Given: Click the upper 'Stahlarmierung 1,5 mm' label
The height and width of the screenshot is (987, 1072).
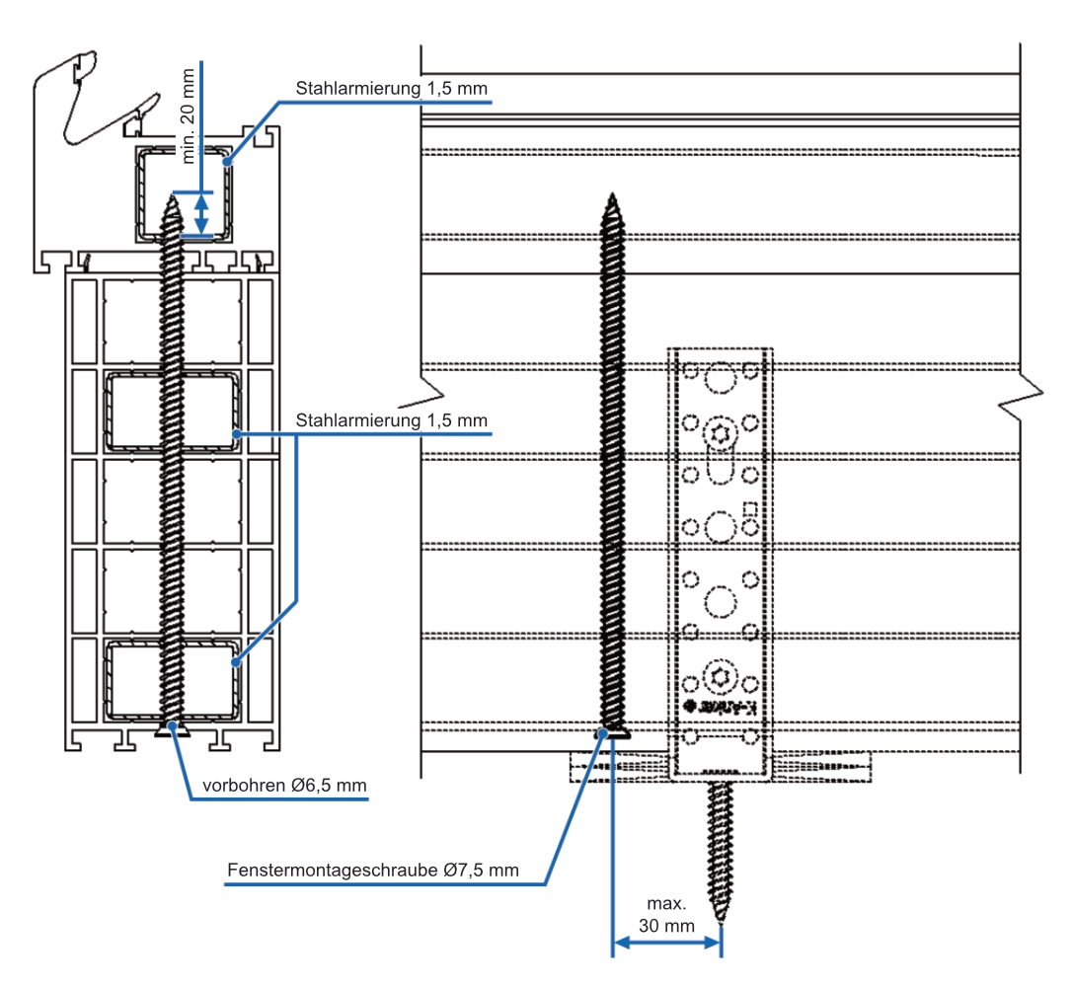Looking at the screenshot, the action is click(391, 88).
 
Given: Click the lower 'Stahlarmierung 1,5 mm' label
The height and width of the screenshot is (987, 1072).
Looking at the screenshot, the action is click(391, 420).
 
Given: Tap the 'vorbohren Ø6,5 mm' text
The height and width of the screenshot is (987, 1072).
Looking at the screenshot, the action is click(284, 786).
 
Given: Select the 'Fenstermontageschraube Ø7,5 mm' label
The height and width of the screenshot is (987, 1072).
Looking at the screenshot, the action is click(372, 871).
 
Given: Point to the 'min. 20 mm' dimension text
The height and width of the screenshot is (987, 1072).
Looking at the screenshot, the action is click(188, 116).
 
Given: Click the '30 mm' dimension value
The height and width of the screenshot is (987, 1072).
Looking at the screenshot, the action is click(666, 926).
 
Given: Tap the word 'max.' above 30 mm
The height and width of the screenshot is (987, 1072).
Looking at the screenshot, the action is click(666, 904).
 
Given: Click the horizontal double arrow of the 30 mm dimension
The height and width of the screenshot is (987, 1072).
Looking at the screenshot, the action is click(666, 944).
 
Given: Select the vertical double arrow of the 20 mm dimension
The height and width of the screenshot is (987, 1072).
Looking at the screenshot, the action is click(201, 214).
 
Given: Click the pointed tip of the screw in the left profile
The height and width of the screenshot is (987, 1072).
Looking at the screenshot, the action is click(173, 196).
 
